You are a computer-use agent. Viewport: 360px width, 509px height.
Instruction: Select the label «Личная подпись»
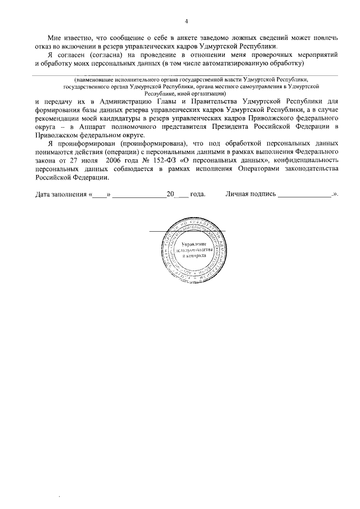[251, 195]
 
